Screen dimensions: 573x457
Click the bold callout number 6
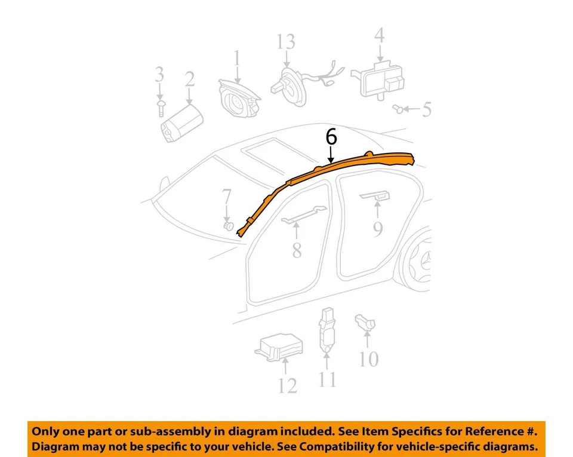click(331, 137)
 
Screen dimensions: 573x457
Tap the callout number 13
click(286, 42)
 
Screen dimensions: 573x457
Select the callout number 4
click(379, 35)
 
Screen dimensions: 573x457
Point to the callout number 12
click(287, 385)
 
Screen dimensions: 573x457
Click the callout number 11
click(327, 379)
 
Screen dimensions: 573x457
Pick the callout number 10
click(369, 359)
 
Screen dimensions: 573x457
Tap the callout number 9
click(378, 229)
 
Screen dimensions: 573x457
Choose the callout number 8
click(297, 250)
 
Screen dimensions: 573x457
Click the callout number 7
click(227, 197)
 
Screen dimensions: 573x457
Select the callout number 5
click(426, 109)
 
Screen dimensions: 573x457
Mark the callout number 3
click(159, 75)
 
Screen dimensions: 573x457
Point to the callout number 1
click(237, 59)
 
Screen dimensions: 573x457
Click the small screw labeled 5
click(396, 108)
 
